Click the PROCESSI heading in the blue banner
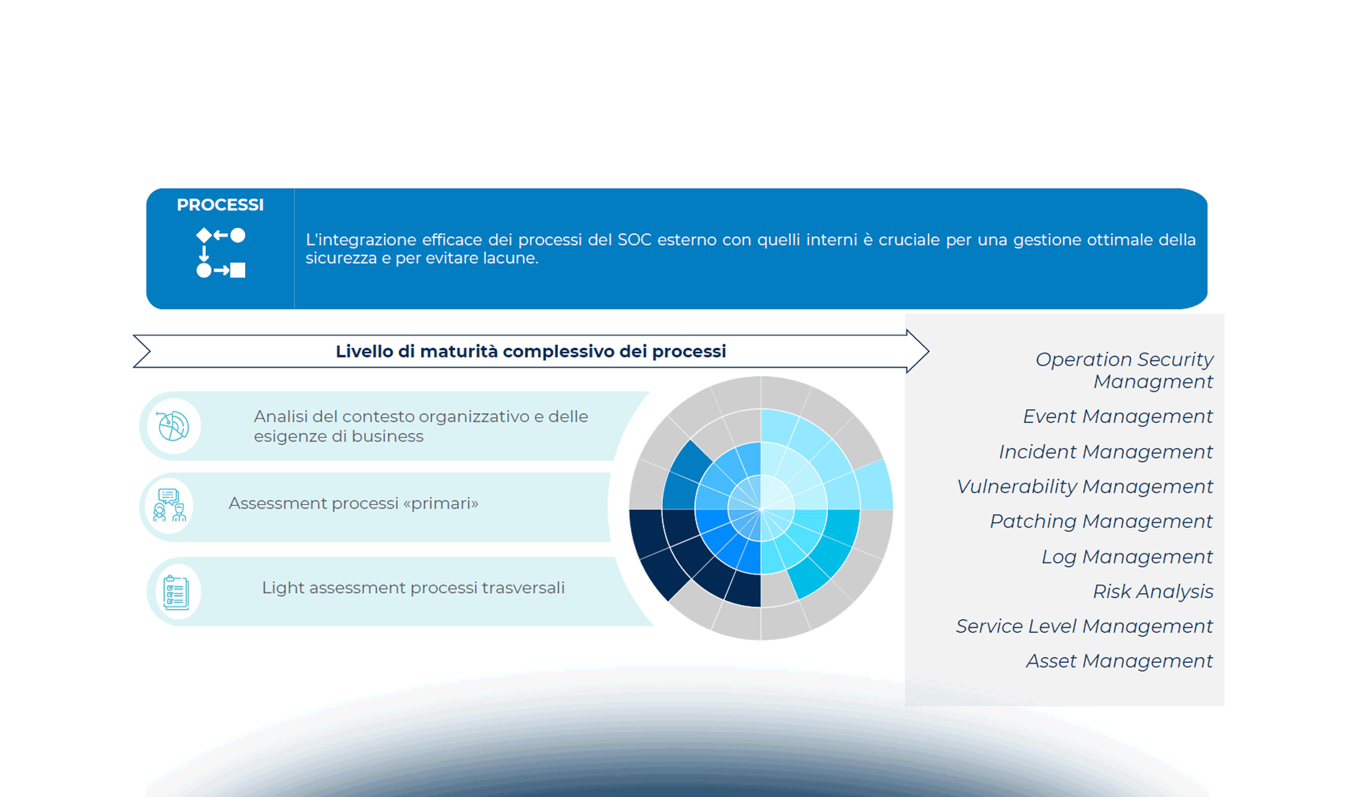pos(220,205)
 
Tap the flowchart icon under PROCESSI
pos(221,253)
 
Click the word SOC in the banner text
pos(634,240)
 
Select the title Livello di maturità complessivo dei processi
pos(530,351)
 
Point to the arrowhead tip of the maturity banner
pos(927,351)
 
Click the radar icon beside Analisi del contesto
pos(173,426)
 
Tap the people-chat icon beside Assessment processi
pos(169,506)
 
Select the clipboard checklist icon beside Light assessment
pos(176,592)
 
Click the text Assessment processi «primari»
pos(353,503)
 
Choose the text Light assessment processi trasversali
pos(412,588)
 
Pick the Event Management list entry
pos(1117,416)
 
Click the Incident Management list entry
pos(1105,452)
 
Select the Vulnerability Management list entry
pos(1084,487)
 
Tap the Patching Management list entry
pos(1101,521)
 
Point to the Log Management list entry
pos(1127,557)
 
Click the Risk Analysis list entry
pos(1152,591)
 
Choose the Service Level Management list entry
pos(1084,626)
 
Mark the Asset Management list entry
pos(1119,661)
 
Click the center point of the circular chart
pos(761,509)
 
